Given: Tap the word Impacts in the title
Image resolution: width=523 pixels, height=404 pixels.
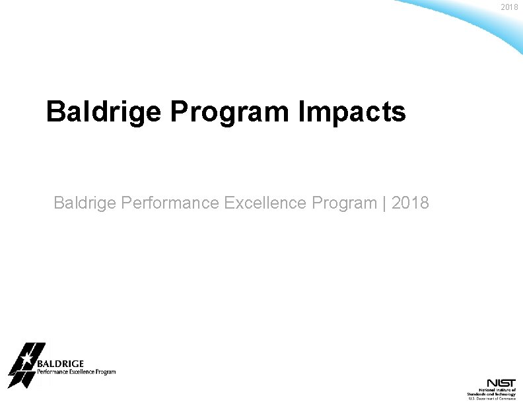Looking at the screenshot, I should [x=353, y=112].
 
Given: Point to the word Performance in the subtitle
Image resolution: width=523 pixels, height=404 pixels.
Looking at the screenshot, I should [x=170, y=203].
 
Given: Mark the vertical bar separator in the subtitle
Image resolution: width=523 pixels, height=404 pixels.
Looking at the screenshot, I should [x=384, y=203].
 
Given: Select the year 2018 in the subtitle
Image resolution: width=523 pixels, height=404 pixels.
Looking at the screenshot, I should [x=410, y=203].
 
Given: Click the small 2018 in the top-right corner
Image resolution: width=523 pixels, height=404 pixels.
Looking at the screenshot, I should [x=510, y=7].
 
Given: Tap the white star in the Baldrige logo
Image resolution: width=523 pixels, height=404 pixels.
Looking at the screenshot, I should [x=25, y=360].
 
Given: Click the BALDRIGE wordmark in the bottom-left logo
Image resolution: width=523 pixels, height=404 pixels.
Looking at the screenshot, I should [x=60, y=364].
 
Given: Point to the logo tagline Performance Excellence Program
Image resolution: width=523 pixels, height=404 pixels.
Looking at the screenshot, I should [x=76, y=372].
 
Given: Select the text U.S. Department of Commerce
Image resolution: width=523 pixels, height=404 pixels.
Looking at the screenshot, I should [x=492, y=399].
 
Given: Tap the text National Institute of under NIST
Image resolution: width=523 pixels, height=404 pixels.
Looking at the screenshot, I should [x=496, y=390].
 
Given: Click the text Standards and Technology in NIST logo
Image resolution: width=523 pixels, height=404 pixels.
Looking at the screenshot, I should [x=492, y=394].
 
